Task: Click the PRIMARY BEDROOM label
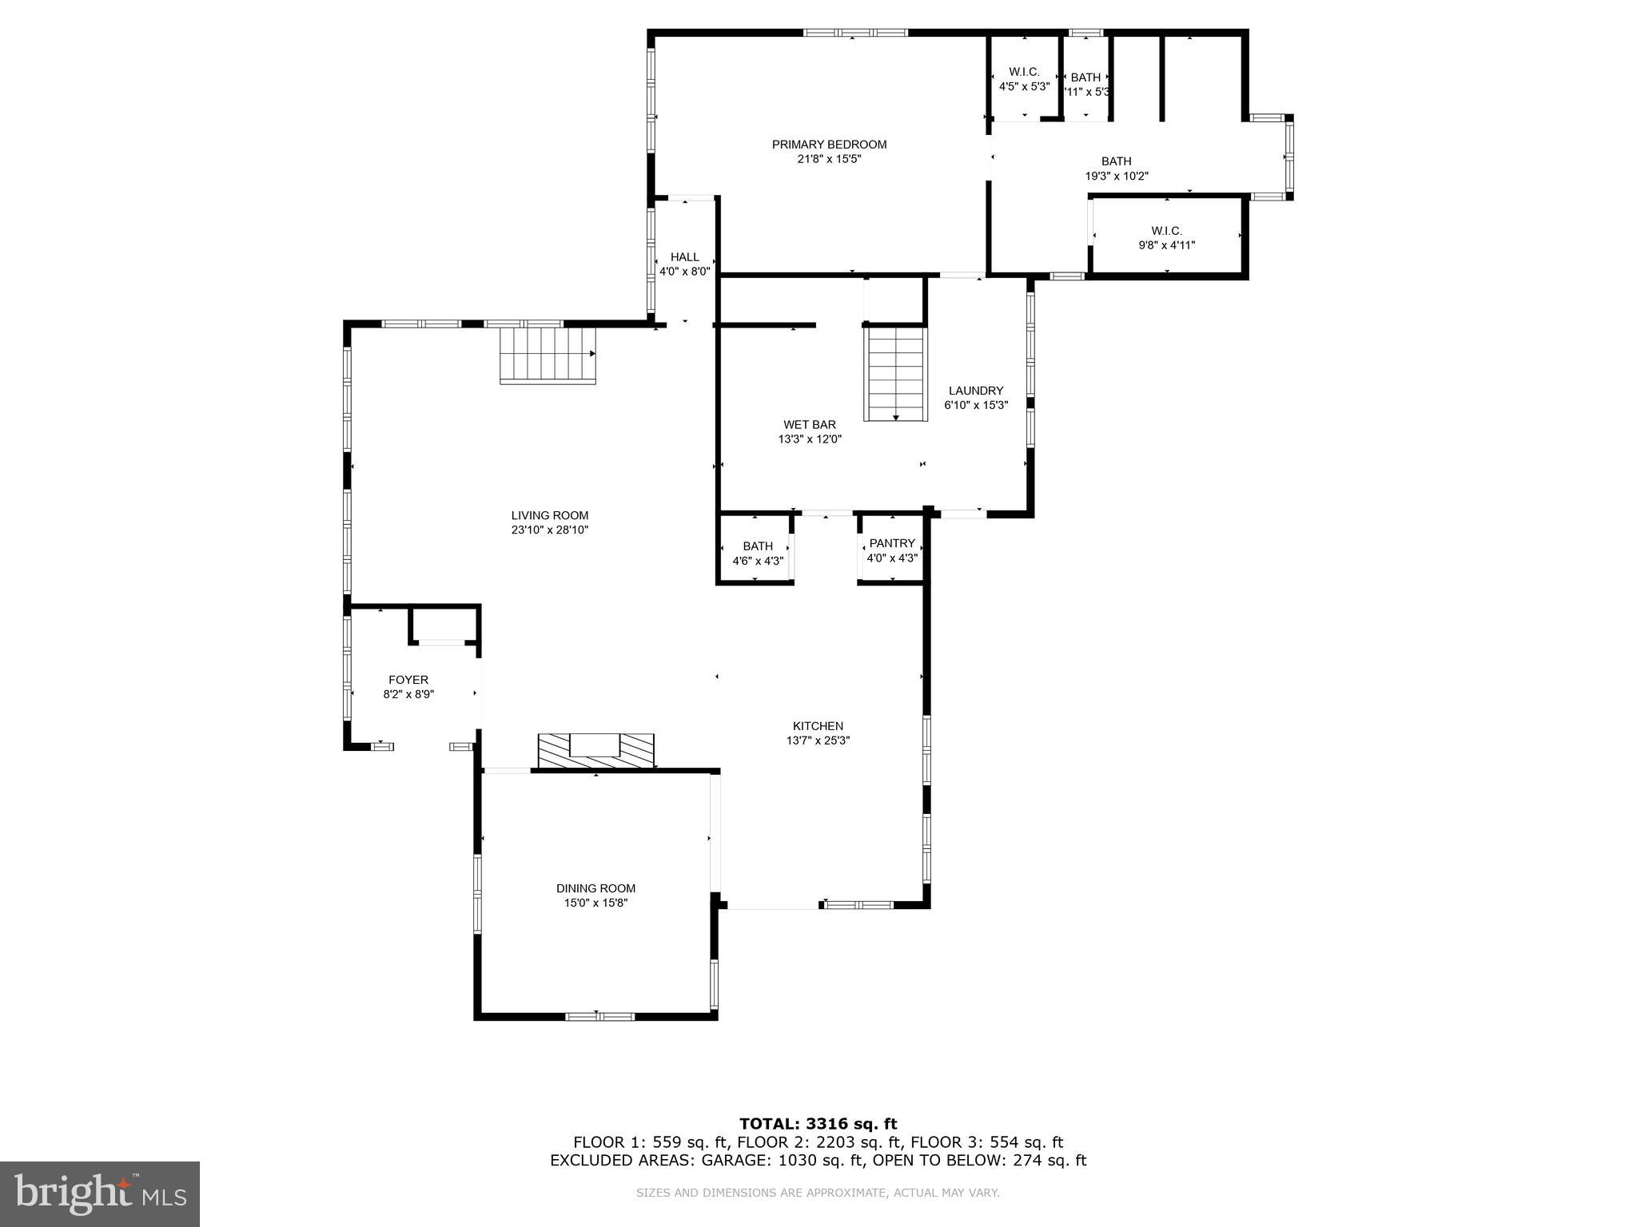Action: click(829, 145)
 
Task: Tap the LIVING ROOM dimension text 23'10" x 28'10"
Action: click(550, 530)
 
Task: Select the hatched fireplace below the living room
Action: click(595, 750)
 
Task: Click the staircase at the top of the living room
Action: click(548, 355)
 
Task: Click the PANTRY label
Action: click(892, 543)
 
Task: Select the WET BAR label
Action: click(810, 425)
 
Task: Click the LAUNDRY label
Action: click(975, 391)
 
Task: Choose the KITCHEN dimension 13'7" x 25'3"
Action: click(818, 741)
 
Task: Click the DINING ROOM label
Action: click(595, 888)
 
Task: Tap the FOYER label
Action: click(408, 680)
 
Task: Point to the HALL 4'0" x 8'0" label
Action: click(684, 264)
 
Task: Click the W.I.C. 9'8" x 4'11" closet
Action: click(1166, 238)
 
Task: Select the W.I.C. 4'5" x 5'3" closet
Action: click(1024, 79)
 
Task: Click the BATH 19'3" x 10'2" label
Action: click(1116, 169)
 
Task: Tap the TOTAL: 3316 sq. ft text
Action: click(818, 1124)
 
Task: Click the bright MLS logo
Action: click(100, 1193)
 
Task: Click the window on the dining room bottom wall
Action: click(599, 1016)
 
